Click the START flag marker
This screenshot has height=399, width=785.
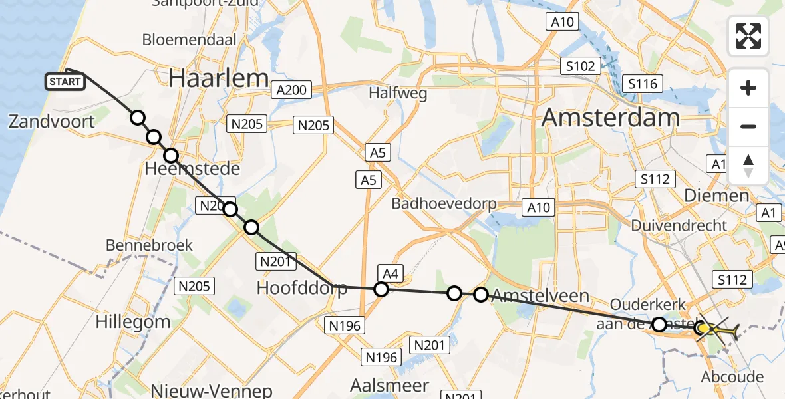[65, 82]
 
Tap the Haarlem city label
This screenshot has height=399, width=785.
[218, 78]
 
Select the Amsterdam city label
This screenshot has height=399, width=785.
[610, 118]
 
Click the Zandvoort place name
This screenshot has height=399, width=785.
[52, 121]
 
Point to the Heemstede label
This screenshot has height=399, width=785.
[192, 169]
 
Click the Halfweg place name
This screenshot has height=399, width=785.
[398, 93]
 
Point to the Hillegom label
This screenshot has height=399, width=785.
[132, 322]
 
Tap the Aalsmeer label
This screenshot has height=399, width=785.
[389, 386]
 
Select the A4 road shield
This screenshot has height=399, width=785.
[390, 271]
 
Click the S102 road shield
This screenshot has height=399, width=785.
[580, 66]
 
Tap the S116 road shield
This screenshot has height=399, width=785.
[643, 84]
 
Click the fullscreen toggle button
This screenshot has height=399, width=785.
[748, 36]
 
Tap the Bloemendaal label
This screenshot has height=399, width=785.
[190, 39]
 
